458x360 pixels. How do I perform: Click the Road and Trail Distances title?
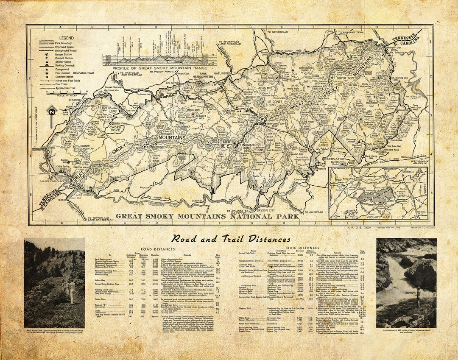[231, 239]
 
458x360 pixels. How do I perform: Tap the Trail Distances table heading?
[302, 248]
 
